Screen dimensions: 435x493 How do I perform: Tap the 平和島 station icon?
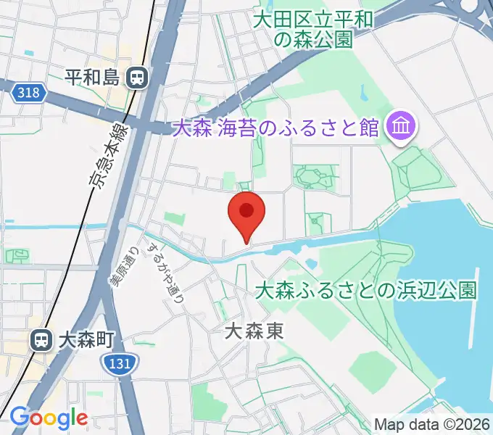click(x=136, y=77)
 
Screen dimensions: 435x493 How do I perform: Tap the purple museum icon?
click(x=400, y=128)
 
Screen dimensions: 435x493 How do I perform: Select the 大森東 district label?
click(x=254, y=332)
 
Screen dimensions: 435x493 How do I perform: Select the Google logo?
click(x=49, y=418)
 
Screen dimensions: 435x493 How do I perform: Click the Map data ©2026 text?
click(x=431, y=424)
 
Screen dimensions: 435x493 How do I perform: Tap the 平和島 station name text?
click(x=91, y=77)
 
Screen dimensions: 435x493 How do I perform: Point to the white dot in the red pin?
click(x=246, y=210)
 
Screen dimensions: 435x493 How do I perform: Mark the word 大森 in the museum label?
click(x=191, y=128)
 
